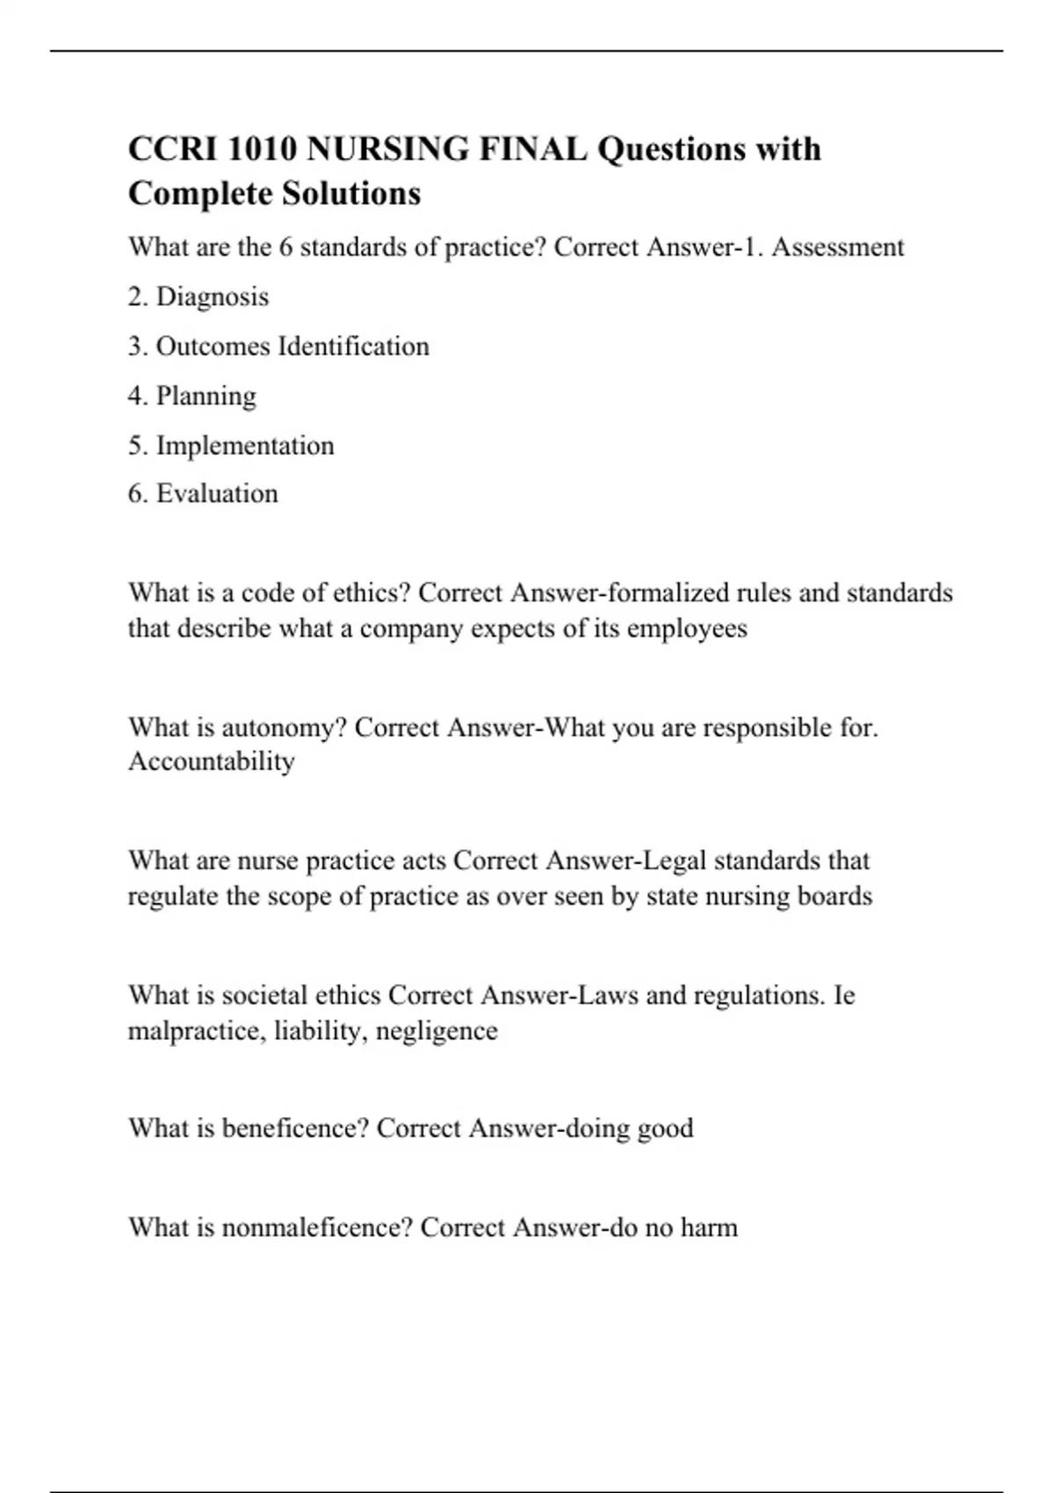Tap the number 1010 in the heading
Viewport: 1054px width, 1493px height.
tap(260, 149)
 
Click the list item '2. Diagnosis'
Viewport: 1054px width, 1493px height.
tap(199, 297)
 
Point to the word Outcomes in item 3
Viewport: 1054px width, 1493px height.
tap(213, 346)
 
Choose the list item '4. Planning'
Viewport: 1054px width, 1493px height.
tap(192, 396)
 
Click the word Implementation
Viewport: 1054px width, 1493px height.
tap(245, 445)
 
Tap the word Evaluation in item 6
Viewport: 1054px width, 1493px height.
tap(217, 494)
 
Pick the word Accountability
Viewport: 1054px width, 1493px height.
tap(212, 761)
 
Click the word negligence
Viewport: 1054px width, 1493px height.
tap(436, 1031)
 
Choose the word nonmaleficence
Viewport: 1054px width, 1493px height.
tap(317, 1228)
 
